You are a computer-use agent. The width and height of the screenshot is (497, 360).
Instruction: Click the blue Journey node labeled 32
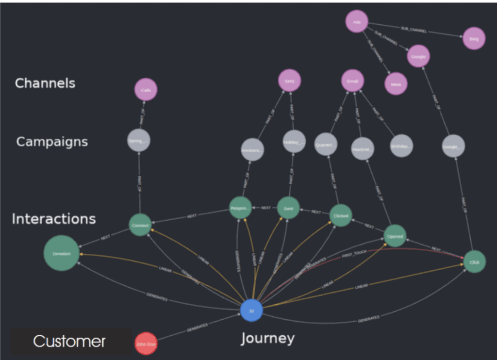(x=251, y=311)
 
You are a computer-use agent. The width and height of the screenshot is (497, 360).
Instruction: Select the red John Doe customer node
(x=146, y=344)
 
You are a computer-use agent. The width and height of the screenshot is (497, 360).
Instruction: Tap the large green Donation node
(x=62, y=253)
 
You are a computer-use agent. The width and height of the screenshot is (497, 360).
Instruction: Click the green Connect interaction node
(x=140, y=225)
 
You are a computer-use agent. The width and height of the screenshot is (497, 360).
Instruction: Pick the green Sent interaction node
(x=288, y=208)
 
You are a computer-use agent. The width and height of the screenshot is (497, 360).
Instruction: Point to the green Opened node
(x=395, y=236)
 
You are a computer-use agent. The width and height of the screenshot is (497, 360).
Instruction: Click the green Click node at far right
(x=475, y=262)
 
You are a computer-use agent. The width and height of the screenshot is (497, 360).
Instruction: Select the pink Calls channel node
(x=146, y=90)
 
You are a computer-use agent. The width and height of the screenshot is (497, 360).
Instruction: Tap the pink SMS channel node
(x=290, y=81)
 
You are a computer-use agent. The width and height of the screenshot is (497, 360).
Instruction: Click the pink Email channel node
(x=352, y=81)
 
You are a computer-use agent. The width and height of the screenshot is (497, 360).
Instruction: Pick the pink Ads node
(x=357, y=21)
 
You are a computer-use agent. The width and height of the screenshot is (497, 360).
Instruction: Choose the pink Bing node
(x=474, y=38)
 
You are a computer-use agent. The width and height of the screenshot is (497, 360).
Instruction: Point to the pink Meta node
(x=396, y=84)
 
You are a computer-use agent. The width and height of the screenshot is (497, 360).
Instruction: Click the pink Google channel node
(x=418, y=56)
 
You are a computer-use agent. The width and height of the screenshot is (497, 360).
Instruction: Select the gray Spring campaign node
(x=139, y=141)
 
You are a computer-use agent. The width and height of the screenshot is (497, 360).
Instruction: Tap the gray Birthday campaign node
(x=401, y=146)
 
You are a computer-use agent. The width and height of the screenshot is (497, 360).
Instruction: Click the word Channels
(x=45, y=83)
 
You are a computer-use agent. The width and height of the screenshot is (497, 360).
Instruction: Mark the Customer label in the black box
(x=69, y=341)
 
